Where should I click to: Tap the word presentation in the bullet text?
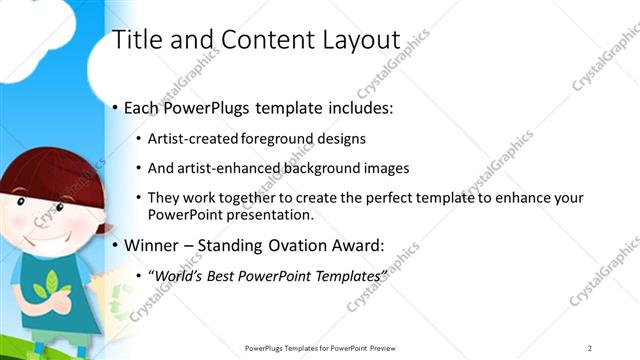(269, 214)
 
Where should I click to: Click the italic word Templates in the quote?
(344, 274)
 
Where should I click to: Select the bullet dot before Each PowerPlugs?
(116, 107)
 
